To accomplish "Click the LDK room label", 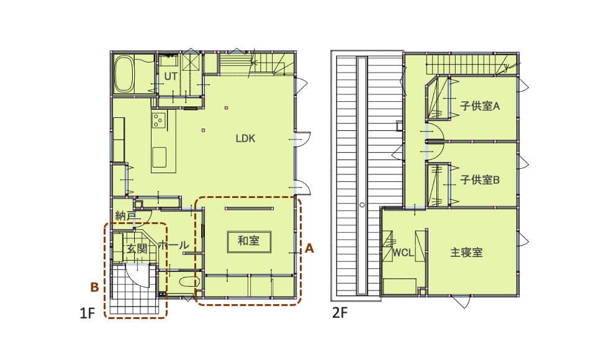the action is pos(246,138).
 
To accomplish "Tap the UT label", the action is pos(171,76).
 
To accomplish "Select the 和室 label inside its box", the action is pos(248,241).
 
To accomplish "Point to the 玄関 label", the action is pos(137,249).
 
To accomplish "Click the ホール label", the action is pos(173,245).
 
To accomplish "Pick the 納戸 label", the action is pos(125,216).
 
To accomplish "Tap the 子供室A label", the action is pos(480,106).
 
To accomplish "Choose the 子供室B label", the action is pos(480,180).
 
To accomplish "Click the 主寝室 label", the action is pos(466,253).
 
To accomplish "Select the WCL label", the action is pos(403,253).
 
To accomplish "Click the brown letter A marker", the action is pos(310,248).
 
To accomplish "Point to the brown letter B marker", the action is pos(94,287).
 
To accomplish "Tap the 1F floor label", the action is pos(87,313).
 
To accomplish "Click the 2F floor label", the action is pos(340,313).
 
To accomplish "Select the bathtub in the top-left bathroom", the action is pos(124,74).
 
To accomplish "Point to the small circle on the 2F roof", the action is pos(362,205).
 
